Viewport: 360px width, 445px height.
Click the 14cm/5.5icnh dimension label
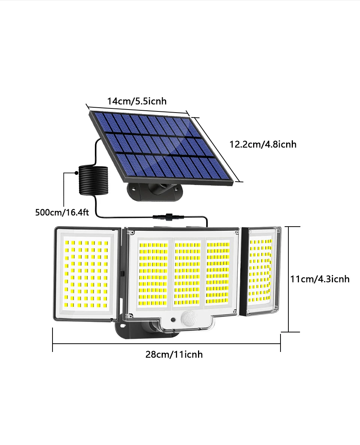(x=137, y=101)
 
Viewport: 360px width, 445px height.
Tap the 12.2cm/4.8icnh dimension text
(x=263, y=144)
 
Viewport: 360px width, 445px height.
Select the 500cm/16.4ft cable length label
(x=62, y=212)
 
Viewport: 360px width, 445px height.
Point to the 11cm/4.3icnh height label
(x=320, y=279)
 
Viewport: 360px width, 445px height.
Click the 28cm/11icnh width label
(x=174, y=354)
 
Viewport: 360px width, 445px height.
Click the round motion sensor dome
(x=188, y=319)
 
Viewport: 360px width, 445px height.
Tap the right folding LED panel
(x=262, y=271)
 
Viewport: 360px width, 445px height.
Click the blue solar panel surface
(x=161, y=146)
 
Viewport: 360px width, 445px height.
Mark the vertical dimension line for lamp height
(x=289, y=279)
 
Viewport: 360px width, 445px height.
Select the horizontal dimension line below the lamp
(x=166, y=343)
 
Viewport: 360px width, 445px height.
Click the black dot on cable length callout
(x=76, y=173)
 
